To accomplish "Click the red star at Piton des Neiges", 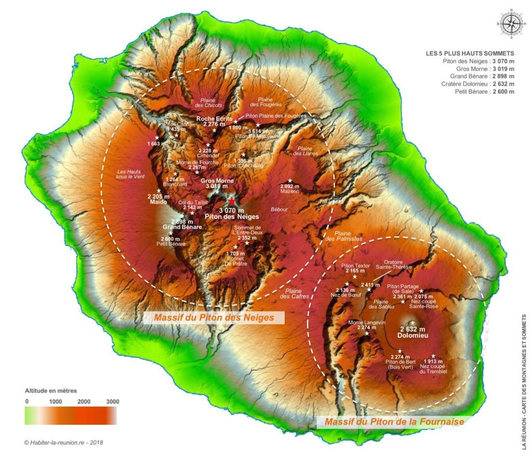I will point(231,202).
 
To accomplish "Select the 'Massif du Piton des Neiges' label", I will point(213,317).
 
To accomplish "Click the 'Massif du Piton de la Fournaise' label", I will point(394,422).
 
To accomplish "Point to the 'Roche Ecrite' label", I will point(214,118).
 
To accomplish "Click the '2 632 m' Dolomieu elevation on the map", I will point(413,329).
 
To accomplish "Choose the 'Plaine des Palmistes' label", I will point(348,235).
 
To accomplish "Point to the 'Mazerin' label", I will point(290,192).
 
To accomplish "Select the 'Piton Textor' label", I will point(355,265).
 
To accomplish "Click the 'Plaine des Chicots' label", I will point(208,102).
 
